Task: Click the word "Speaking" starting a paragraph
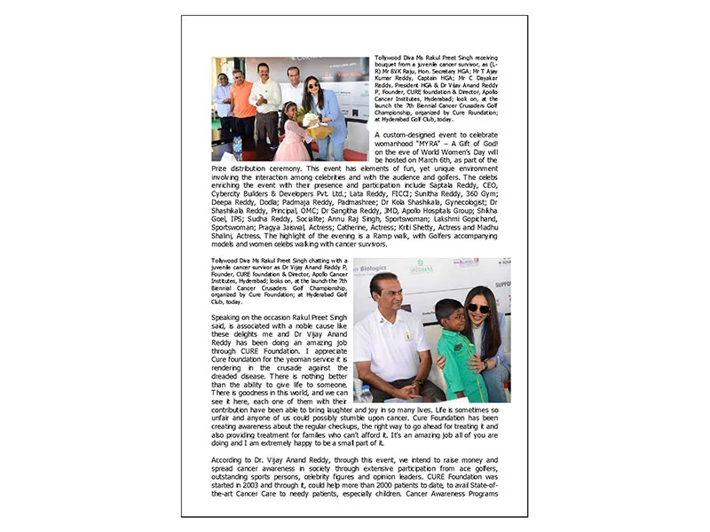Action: click(228, 317)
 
